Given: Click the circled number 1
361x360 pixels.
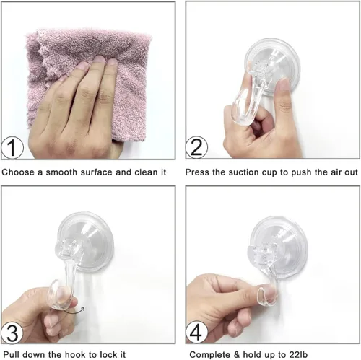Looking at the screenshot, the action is pos(12,147).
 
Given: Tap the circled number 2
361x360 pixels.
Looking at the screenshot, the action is pos(196,147).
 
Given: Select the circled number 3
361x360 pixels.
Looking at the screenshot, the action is pos(12,333).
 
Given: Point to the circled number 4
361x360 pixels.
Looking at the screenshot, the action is pos(196,333).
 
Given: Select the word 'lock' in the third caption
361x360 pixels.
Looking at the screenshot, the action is pos(107,354).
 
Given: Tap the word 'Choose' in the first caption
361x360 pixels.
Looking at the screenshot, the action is pos(18,172).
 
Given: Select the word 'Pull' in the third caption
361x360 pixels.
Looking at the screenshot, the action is pos(11,354).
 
